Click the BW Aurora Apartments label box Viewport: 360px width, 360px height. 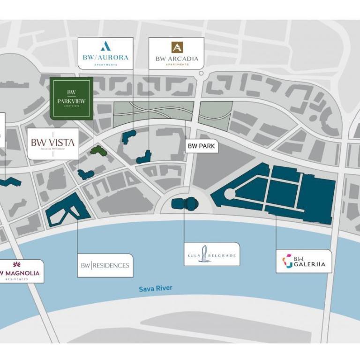pos(105,53)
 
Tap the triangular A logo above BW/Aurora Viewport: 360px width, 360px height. pos(105,46)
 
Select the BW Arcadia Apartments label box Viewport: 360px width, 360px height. pos(177,53)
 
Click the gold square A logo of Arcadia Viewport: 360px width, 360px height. pos(177,47)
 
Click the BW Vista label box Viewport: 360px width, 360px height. pos(52,143)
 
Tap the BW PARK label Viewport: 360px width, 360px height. pos(201,146)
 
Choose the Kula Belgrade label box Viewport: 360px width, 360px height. pos(211,254)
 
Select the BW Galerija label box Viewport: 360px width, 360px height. pos(303,261)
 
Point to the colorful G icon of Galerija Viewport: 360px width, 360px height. pos(287,261)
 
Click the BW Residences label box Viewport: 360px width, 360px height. pos(105,265)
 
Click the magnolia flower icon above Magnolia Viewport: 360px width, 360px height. pos(17,264)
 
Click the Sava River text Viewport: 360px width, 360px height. pos(155,289)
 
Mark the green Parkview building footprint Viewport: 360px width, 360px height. pos(97,150)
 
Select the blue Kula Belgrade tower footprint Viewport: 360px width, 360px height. pos(186,203)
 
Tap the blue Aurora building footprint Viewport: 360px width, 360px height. pos(128,136)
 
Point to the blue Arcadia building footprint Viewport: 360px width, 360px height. pos(145,157)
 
